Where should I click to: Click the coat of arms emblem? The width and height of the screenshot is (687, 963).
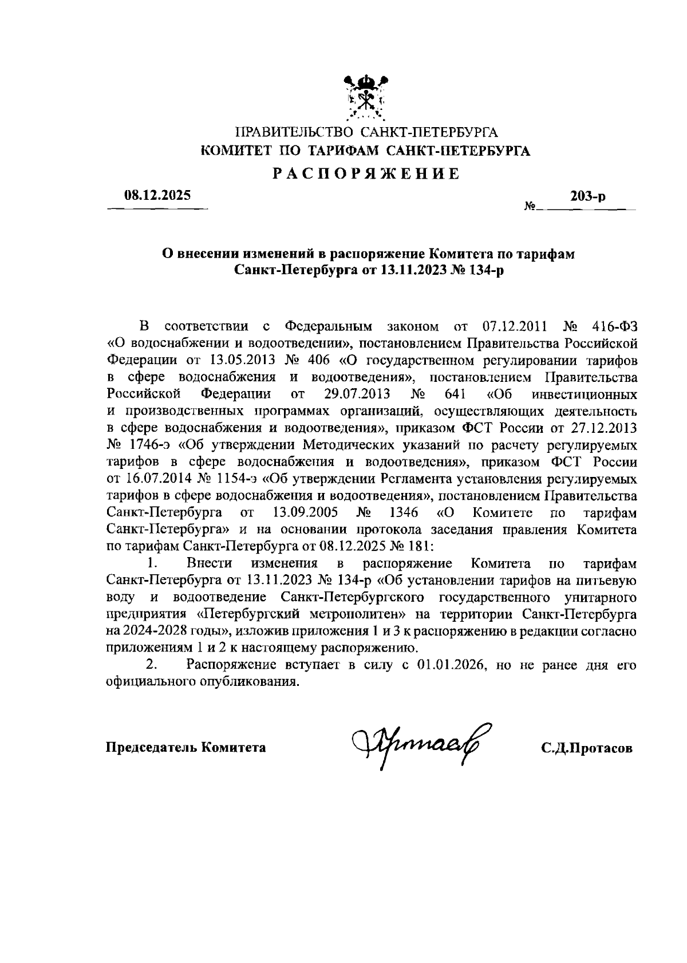[367, 98]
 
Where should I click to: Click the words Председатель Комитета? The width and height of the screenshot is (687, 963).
[186, 747]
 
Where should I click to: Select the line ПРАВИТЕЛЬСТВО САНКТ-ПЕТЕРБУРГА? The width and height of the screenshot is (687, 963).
[366, 133]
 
